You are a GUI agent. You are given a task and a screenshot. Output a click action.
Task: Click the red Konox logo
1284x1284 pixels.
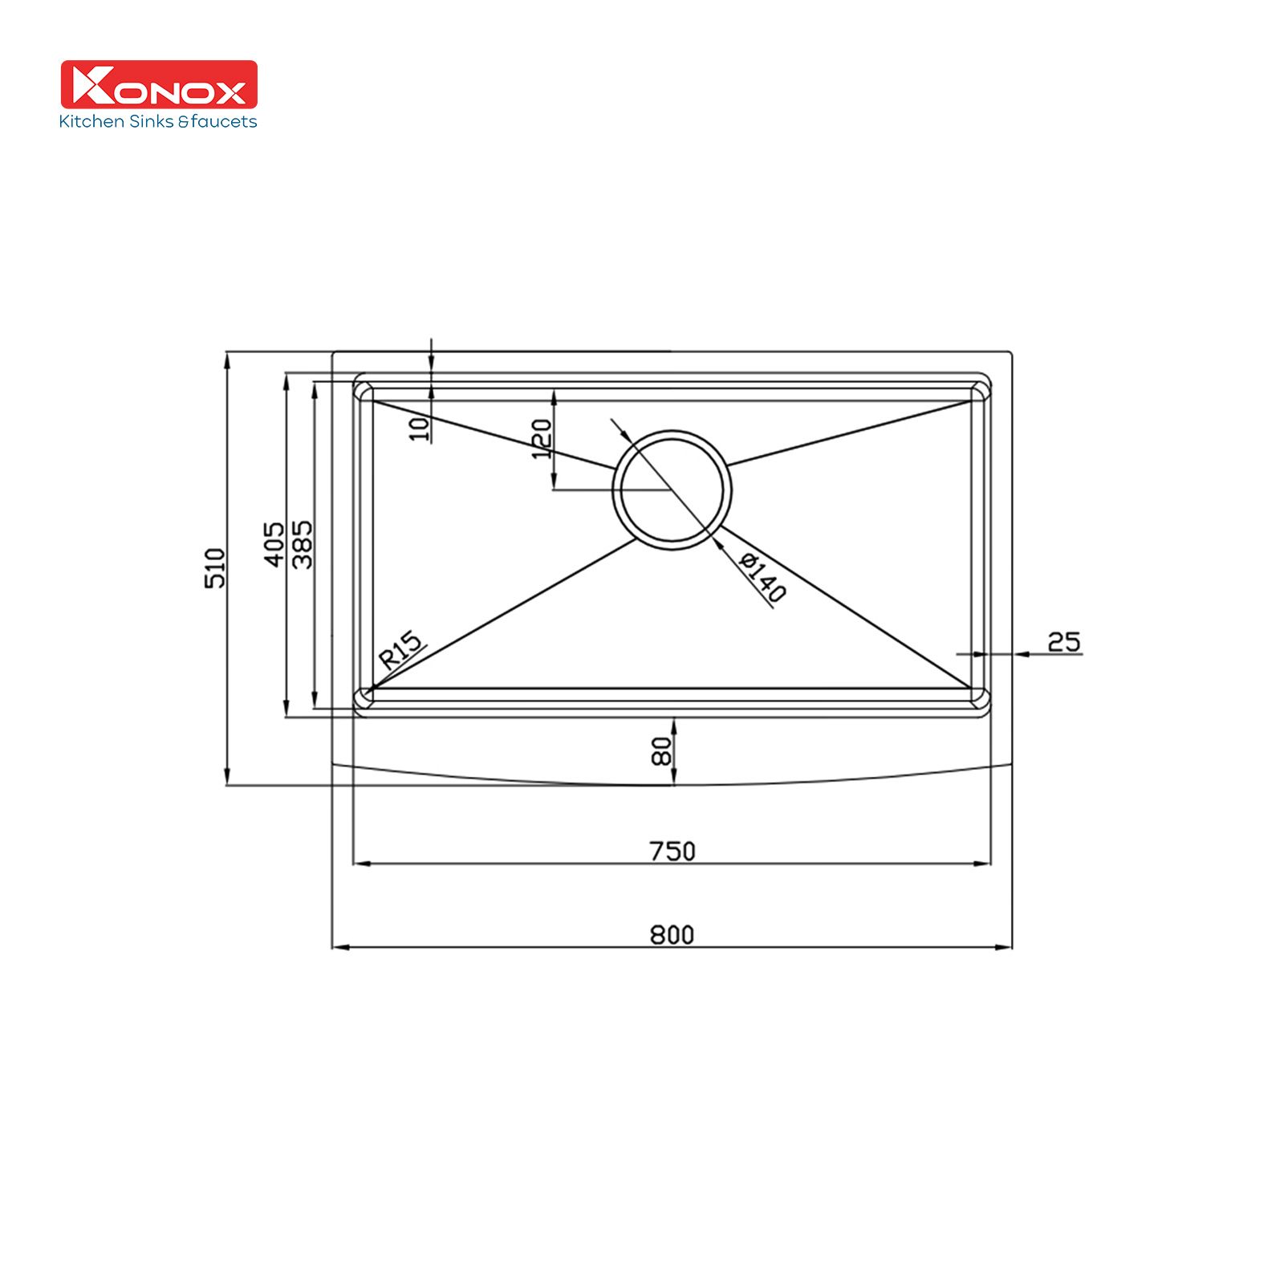(x=159, y=84)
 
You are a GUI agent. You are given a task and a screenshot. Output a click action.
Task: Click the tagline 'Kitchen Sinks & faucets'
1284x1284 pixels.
(x=158, y=122)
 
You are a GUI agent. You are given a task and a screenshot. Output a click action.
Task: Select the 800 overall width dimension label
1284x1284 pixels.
(x=672, y=935)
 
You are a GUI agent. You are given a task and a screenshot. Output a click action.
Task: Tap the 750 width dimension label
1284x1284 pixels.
(x=672, y=851)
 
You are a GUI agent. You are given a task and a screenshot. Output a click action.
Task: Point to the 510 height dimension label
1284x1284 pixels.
(x=215, y=567)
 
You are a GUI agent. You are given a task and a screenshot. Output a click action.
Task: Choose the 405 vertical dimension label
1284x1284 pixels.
(x=274, y=544)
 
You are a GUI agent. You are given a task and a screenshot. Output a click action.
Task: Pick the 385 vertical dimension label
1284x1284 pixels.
(x=303, y=544)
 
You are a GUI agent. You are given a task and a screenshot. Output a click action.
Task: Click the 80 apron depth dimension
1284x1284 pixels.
(x=662, y=752)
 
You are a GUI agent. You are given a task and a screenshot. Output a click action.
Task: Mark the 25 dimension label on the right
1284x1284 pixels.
(x=1064, y=641)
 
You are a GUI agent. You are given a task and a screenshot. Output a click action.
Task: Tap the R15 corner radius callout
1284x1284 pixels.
(x=400, y=651)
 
